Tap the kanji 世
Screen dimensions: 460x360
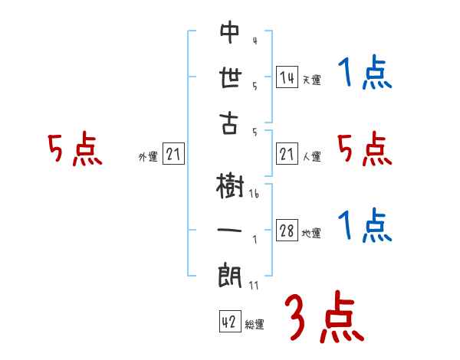click(x=229, y=77)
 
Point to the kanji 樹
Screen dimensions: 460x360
click(x=229, y=186)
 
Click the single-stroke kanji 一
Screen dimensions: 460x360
click(x=229, y=231)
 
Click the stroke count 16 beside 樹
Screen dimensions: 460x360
click(x=254, y=195)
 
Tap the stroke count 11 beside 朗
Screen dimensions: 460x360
click(x=254, y=285)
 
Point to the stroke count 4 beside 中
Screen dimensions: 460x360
click(x=254, y=40)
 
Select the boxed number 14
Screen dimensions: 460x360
click(x=287, y=77)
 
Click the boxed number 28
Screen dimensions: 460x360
click(x=287, y=231)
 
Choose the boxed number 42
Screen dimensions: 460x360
click(x=229, y=322)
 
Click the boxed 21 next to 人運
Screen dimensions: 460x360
click(x=287, y=155)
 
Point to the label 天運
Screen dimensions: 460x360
click(x=311, y=80)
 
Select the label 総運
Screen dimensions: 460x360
click(x=255, y=325)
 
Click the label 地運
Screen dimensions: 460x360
click(x=311, y=234)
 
